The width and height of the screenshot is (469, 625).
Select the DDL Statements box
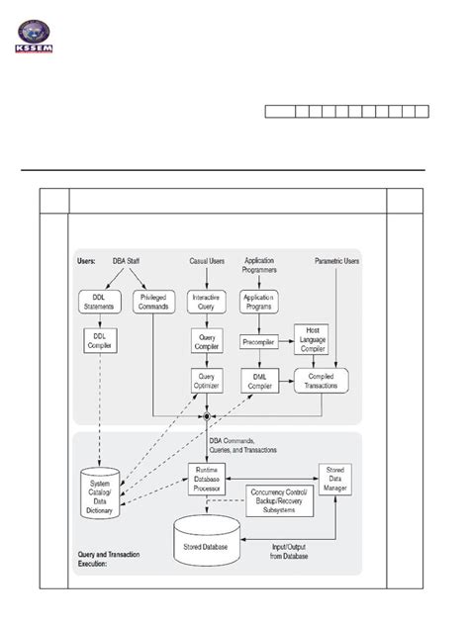point(100,302)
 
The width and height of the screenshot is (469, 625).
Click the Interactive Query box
point(208,302)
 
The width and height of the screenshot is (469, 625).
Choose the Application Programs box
point(259,302)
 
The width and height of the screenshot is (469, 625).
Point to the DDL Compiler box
point(100,340)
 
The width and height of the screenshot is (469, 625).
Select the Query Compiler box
point(208,341)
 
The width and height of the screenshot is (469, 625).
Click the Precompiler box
point(259,342)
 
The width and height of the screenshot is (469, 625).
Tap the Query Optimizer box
point(208,378)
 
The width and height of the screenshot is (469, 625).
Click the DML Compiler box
point(259,378)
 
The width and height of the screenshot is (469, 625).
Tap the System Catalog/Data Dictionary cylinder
point(100,491)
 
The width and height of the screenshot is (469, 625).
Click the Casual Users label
point(207,261)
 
